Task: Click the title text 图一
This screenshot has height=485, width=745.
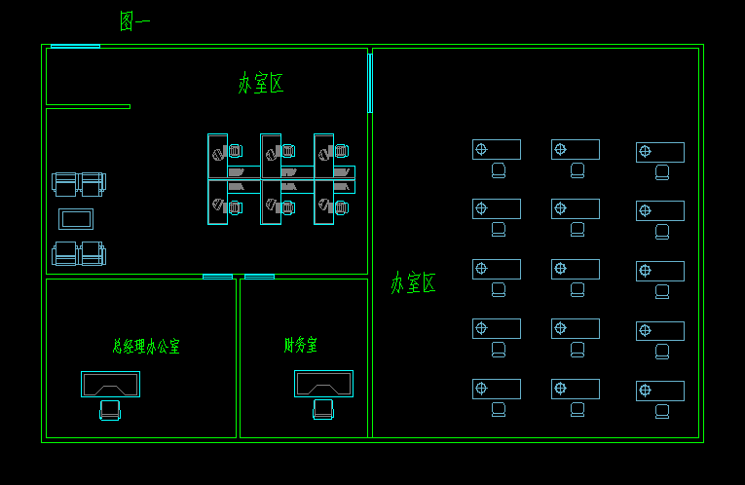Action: click(x=134, y=20)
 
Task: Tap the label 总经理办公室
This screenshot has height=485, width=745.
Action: click(x=146, y=346)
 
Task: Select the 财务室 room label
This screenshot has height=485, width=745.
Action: click(x=301, y=345)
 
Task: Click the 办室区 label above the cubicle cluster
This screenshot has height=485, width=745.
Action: click(x=261, y=83)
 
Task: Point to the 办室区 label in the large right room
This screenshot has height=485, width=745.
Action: click(x=413, y=283)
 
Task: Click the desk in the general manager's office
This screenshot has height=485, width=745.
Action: click(x=110, y=384)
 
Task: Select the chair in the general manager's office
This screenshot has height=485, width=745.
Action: click(x=110, y=410)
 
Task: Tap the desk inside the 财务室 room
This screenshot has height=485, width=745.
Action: click(x=323, y=383)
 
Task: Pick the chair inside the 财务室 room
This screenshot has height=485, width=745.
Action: click(x=323, y=410)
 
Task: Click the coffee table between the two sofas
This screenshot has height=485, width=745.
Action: click(x=76, y=218)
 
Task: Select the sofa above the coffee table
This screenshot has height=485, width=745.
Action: click(x=78, y=183)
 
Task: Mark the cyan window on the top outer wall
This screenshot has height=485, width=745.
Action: click(x=75, y=46)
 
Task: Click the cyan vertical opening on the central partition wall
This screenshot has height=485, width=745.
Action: click(x=370, y=83)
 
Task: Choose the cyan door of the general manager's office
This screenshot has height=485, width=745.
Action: click(x=217, y=277)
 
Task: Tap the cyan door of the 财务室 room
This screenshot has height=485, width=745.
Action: click(x=259, y=277)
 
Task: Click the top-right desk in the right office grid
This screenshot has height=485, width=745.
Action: click(x=660, y=152)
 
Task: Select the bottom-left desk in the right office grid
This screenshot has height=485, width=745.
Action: click(x=497, y=389)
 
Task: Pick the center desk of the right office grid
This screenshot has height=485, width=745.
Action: click(x=576, y=269)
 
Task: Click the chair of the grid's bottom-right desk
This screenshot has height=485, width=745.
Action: click(x=662, y=411)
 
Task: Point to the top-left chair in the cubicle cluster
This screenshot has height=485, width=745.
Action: click(x=234, y=151)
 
